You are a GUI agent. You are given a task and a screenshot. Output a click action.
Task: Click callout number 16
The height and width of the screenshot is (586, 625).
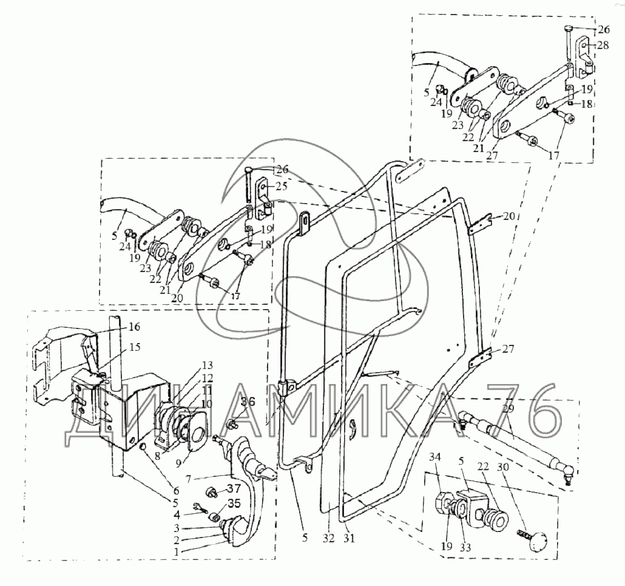(x=133, y=327)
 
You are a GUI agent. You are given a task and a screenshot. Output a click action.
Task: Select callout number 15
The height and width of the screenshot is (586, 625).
(x=133, y=348)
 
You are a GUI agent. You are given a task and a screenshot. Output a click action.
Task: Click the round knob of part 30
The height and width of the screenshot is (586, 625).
(x=535, y=541)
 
